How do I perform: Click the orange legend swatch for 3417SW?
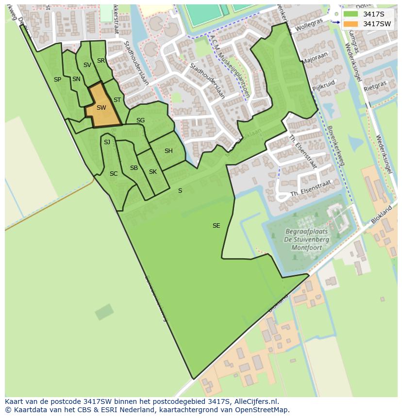(x=350, y=24)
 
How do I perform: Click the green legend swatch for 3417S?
(x=350, y=14)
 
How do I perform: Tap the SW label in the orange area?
(x=101, y=108)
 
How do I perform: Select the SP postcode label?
(x=57, y=80)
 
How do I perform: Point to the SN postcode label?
(x=76, y=79)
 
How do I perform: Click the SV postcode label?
(x=87, y=65)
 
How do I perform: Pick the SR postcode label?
(x=101, y=61)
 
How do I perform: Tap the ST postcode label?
(x=117, y=100)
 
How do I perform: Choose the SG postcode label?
(x=140, y=120)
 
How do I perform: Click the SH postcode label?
(x=168, y=151)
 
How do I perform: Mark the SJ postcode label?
(x=107, y=142)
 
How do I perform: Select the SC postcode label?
(x=114, y=174)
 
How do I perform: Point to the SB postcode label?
(x=134, y=168)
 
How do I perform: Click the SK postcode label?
(x=153, y=172)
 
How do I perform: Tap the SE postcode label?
(x=217, y=226)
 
